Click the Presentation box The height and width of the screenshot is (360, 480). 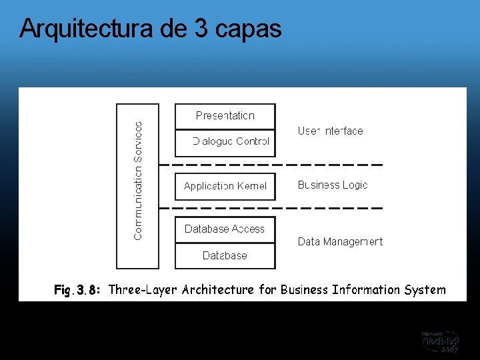(225, 116)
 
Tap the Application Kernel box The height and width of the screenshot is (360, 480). (225, 186)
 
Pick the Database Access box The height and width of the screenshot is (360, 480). (225, 229)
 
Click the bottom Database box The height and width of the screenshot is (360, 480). (225, 255)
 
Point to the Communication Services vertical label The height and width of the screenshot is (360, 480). (138, 180)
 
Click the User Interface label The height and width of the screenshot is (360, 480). (330, 131)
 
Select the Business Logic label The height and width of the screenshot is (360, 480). (333, 185)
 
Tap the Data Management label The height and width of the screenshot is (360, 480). (340, 242)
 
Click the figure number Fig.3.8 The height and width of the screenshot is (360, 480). (77, 290)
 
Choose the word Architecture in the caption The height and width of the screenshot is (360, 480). (218, 290)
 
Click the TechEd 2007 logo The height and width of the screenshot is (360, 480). (440, 341)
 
